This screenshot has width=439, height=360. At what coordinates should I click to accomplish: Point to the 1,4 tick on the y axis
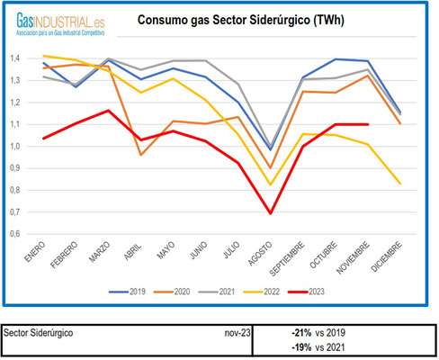pos(15,58)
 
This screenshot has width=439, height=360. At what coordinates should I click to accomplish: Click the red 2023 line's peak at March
pos(107,111)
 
